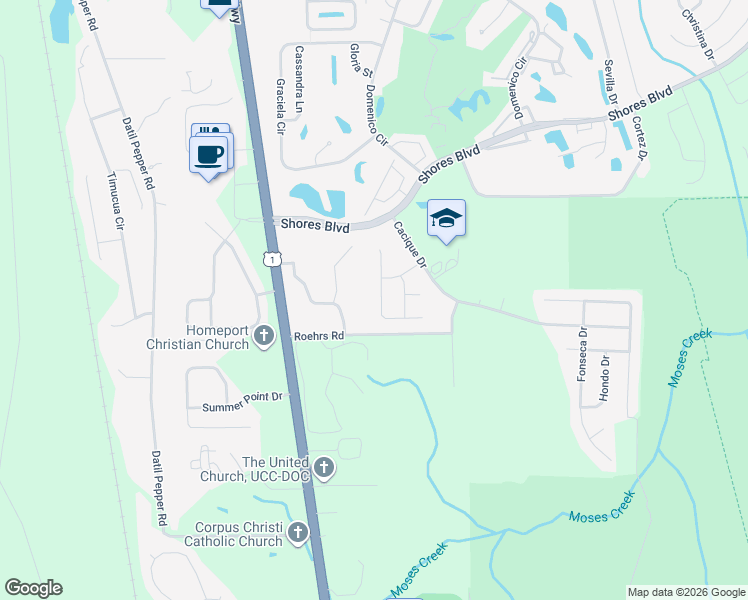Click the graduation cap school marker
(x=446, y=219)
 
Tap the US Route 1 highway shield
(x=272, y=259)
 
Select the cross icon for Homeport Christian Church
(x=264, y=335)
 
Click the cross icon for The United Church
(x=323, y=467)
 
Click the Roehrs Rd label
(x=318, y=336)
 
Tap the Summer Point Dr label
(x=244, y=402)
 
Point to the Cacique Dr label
(x=410, y=246)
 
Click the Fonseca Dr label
(x=583, y=351)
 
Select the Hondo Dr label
(x=604, y=378)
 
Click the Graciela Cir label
(x=280, y=106)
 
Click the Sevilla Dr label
(x=609, y=81)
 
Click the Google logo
(x=33, y=588)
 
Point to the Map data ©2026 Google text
(x=685, y=592)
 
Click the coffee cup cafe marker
(x=209, y=156)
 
